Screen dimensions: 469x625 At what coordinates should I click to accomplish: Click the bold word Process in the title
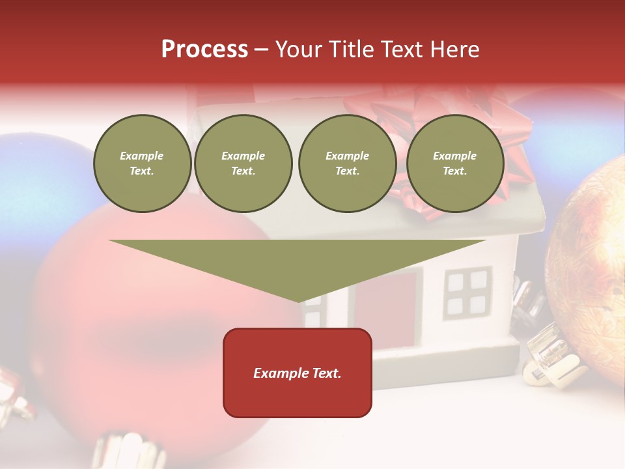[204, 50]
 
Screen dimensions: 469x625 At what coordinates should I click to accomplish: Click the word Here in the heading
[453, 50]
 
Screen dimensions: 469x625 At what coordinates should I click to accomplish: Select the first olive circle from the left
[142, 163]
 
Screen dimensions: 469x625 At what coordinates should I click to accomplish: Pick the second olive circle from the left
[243, 163]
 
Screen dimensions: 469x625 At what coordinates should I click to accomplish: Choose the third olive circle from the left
[347, 163]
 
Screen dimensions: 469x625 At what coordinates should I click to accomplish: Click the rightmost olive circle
[454, 163]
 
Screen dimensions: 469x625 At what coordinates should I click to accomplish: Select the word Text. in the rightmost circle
[454, 171]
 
